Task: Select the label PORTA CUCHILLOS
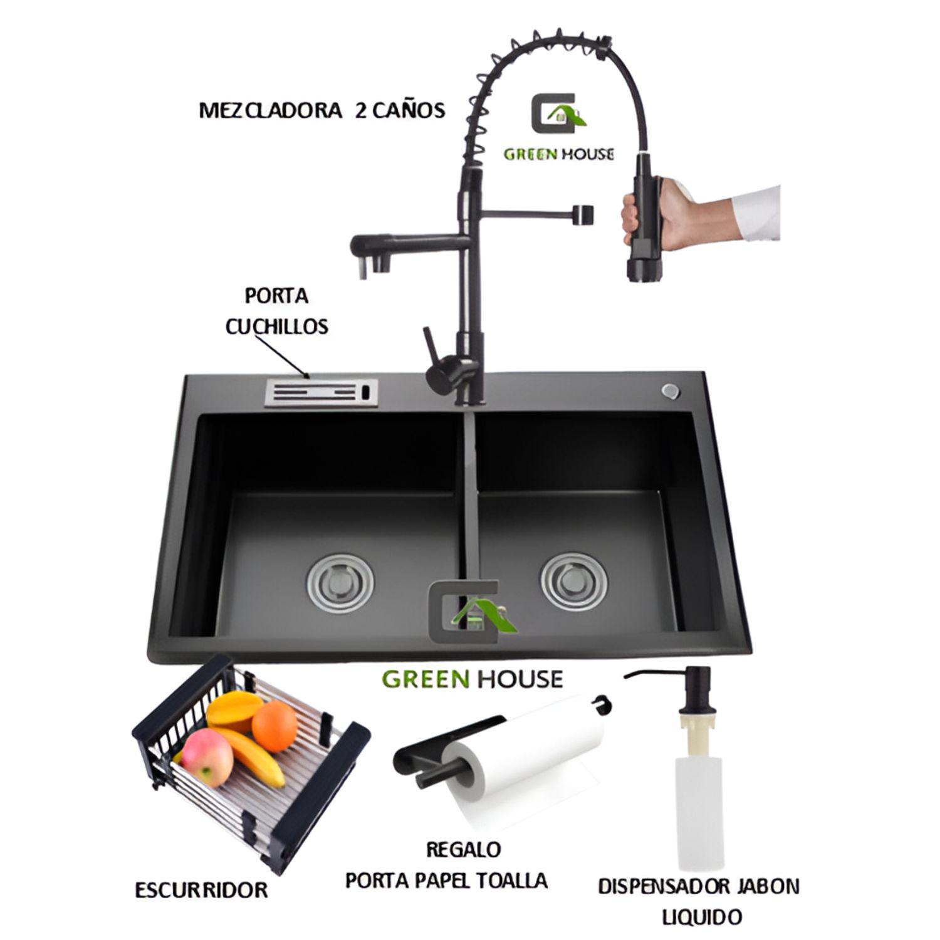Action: pos(277,311)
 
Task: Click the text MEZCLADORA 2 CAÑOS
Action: pos(321,110)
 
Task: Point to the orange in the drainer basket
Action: pos(274,726)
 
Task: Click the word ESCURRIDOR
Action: pos(201,889)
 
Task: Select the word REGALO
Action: pos(463,850)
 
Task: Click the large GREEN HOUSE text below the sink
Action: pos(472,679)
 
